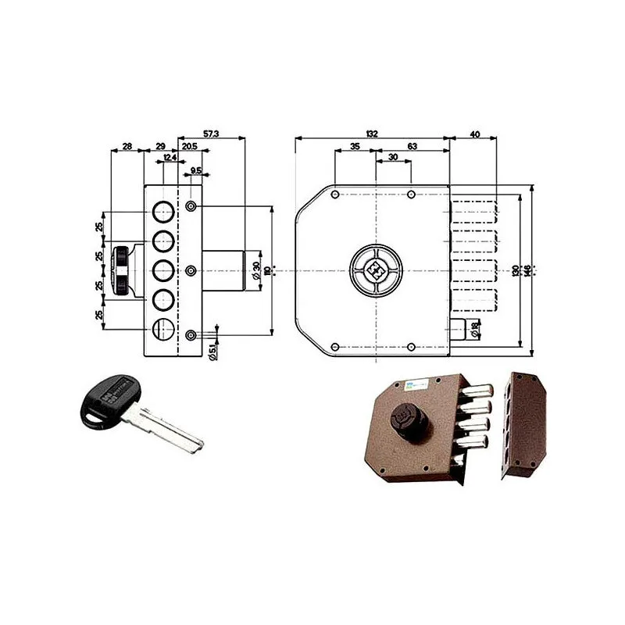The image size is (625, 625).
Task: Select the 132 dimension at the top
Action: click(x=372, y=134)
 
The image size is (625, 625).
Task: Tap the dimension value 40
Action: click(x=474, y=134)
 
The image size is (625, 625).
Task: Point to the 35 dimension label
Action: click(x=354, y=146)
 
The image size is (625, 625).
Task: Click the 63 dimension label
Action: click(x=412, y=146)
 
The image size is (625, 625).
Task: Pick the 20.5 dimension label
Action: click(x=189, y=146)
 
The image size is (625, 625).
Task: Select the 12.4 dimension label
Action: click(x=168, y=159)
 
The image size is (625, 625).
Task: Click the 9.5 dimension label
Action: click(x=195, y=170)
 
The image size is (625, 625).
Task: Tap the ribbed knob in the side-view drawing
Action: click(x=123, y=270)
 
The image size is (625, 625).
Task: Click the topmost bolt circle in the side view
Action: click(x=162, y=211)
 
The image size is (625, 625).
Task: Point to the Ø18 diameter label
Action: click(x=476, y=330)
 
